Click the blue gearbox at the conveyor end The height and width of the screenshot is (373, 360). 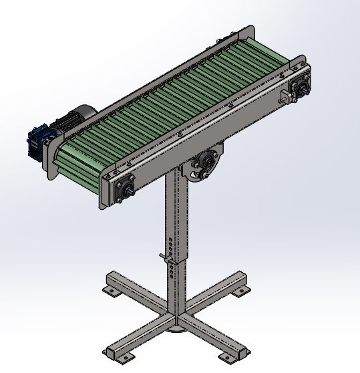(x=38, y=142)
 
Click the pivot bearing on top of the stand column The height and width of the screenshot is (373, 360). (x=204, y=164)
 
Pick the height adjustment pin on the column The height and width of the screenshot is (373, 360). (x=164, y=257)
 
